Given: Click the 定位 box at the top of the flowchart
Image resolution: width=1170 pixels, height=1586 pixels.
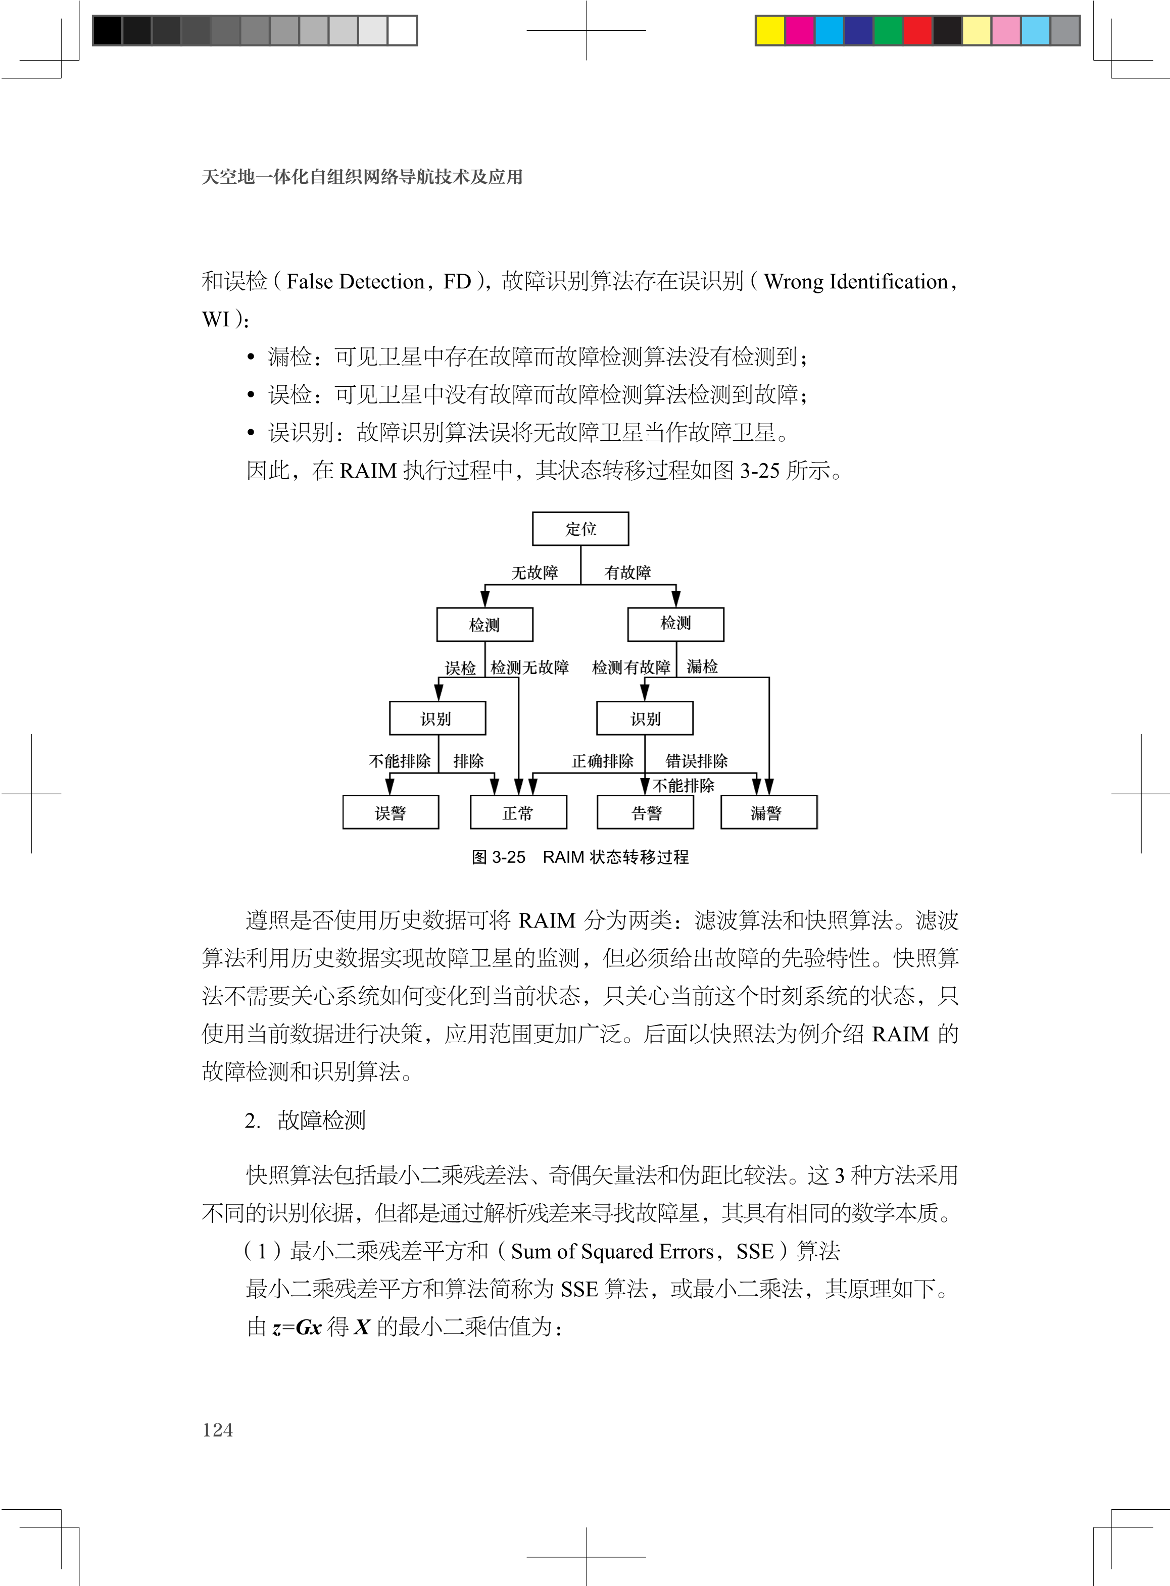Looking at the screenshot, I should click(x=580, y=529).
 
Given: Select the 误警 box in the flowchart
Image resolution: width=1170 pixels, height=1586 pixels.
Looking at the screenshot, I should click(x=390, y=812).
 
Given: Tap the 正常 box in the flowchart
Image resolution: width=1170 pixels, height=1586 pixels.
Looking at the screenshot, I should click(x=518, y=812).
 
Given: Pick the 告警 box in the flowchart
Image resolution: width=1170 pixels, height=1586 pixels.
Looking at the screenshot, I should click(x=645, y=812).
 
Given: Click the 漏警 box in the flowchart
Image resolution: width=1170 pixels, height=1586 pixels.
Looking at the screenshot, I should click(x=768, y=812).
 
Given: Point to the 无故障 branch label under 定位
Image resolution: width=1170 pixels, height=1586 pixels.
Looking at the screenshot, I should click(x=534, y=573).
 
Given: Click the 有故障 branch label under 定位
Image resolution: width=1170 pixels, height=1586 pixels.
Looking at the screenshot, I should click(x=627, y=573).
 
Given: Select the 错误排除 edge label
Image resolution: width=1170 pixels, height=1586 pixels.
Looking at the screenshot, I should click(x=696, y=761).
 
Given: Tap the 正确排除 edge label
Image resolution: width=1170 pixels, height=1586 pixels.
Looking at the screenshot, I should click(x=602, y=761).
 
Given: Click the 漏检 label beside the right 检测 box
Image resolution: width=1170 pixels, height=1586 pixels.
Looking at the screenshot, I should click(x=702, y=667).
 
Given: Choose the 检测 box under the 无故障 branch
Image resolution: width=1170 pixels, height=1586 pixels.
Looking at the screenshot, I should click(x=484, y=624).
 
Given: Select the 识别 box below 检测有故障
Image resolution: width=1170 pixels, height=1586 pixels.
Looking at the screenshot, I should click(x=645, y=719).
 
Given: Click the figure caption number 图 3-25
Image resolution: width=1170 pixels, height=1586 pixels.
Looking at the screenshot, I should click(x=499, y=857).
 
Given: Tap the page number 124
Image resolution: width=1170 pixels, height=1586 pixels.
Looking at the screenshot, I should click(x=217, y=1429).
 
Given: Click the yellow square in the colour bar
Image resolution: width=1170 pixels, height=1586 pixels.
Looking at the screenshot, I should click(x=770, y=30).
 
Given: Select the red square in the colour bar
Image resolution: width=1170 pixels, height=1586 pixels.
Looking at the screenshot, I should click(x=918, y=30).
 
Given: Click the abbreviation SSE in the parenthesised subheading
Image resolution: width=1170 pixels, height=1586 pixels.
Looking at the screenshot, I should click(x=754, y=1251).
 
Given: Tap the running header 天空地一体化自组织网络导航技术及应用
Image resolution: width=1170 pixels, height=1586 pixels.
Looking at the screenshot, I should click(x=362, y=177).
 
